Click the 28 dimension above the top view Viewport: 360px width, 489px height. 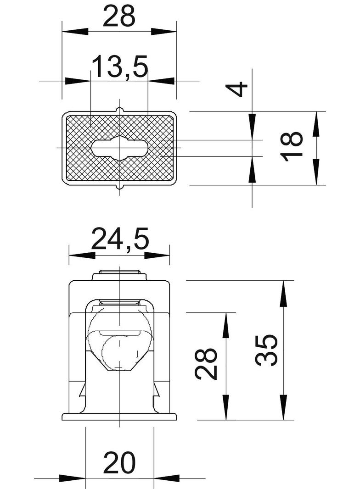119,16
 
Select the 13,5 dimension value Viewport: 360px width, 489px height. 119,66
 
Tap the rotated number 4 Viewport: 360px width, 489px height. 236,89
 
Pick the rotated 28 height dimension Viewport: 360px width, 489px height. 206,364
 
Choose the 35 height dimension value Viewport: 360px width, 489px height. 266,350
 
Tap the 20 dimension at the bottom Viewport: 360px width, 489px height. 119,463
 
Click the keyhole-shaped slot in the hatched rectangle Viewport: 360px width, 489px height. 119,148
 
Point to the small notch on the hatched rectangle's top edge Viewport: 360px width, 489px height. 119,110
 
